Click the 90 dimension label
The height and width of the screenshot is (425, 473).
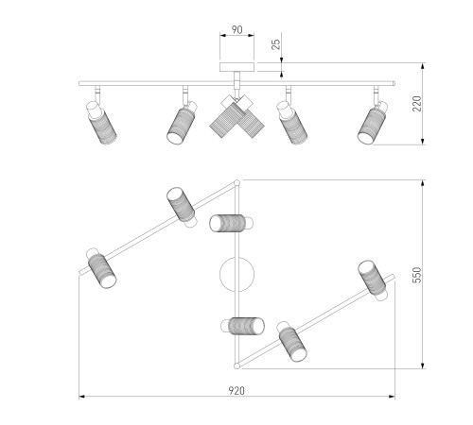point(237,29)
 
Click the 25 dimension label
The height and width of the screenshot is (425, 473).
point(275,44)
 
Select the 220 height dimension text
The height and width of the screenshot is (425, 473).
point(416,104)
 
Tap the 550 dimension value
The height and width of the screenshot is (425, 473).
point(416,275)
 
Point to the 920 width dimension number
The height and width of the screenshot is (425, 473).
point(236,391)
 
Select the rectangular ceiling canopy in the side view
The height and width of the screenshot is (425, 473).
point(236,67)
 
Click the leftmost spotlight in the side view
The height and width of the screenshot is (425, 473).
point(101,122)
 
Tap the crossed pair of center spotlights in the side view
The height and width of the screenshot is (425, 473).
point(236,116)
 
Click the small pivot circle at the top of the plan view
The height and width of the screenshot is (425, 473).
point(236,182)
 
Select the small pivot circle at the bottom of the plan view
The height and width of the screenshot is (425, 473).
point(236,365)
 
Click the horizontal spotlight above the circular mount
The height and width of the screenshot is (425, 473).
point(231,223)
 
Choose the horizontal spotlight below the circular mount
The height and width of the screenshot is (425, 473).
point(242,326)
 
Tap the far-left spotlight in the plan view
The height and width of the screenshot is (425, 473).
point(101,268)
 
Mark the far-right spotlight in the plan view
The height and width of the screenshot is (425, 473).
point(373,280)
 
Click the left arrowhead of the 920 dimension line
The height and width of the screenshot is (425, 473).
point(81,397)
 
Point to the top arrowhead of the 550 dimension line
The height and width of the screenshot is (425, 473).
point(423,183)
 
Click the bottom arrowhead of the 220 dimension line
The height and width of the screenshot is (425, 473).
point(423,142)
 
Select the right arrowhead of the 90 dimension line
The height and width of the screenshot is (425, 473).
point(251,35)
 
